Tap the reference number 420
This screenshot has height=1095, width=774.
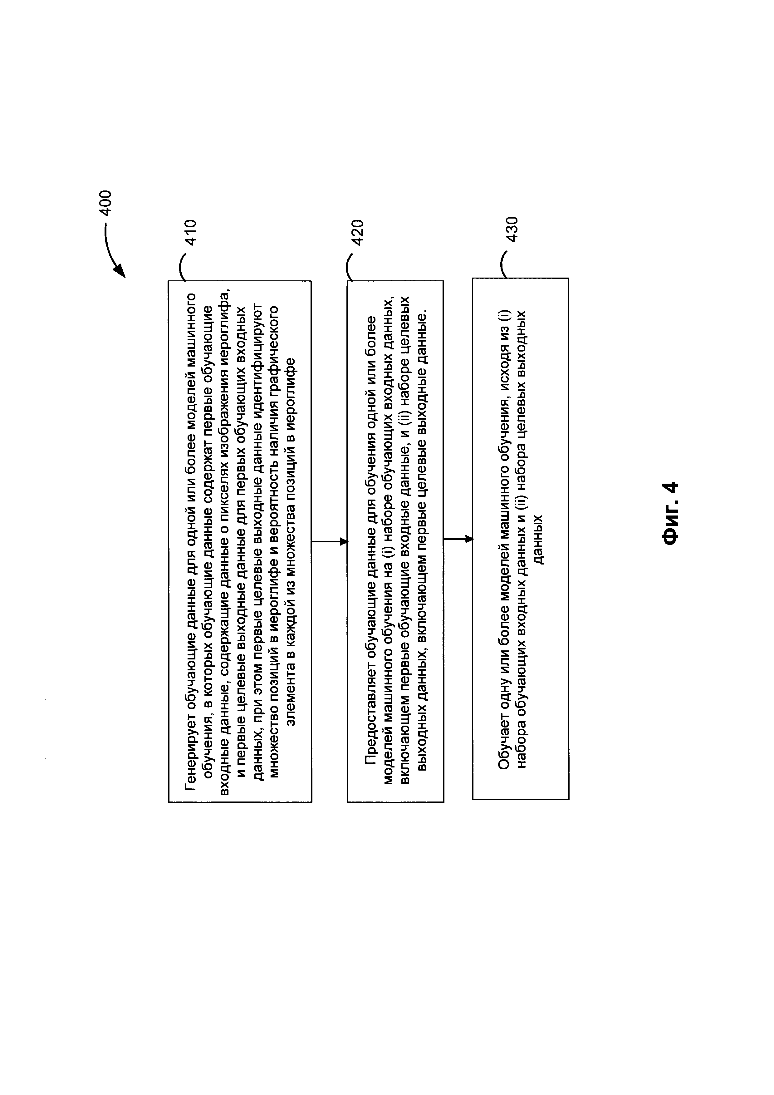357,232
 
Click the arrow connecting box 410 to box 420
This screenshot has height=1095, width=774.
329,542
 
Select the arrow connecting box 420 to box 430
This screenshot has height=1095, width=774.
458,540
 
